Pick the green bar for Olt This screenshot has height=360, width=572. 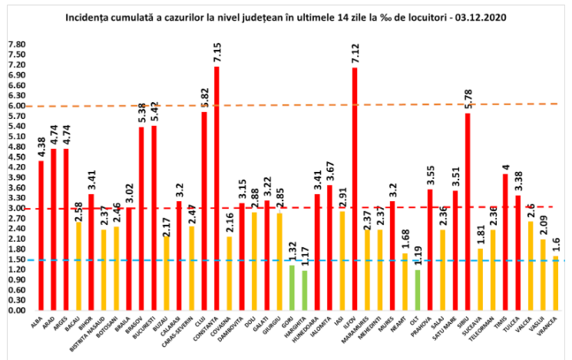coord(418,289)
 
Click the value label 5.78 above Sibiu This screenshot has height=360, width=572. coord(468,99)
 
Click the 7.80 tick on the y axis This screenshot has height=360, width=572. coord(16,45)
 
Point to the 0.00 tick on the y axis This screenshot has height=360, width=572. coord(16,311)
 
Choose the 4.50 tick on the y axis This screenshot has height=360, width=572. coord(16,157)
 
